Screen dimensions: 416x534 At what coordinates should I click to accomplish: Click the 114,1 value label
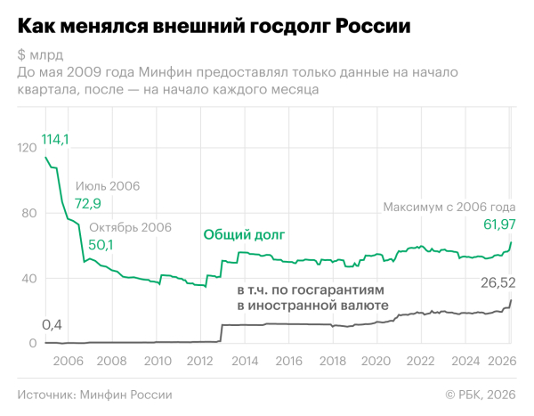click(x=55, y=140)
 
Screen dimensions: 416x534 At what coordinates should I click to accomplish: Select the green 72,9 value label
click(x=88, y=205)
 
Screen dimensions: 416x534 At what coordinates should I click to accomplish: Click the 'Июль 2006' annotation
click(x=108, y=186)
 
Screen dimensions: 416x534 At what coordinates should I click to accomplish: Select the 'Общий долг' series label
click(x=243, y=235)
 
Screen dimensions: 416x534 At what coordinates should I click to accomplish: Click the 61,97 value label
click(x=498, y=224)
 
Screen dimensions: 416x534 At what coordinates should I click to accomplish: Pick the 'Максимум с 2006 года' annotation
click(x=449, y=207)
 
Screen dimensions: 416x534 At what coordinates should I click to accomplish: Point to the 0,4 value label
click(x=53, y=324)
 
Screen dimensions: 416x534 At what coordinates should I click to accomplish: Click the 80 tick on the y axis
click(x=28, y=214)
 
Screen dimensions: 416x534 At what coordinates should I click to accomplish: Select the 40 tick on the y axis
click(x=28, y=279)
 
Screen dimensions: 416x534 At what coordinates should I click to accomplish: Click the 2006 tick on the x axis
click(x=69, y=361)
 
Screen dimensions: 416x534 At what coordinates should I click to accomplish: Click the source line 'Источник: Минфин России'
click(x=94, y=395)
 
